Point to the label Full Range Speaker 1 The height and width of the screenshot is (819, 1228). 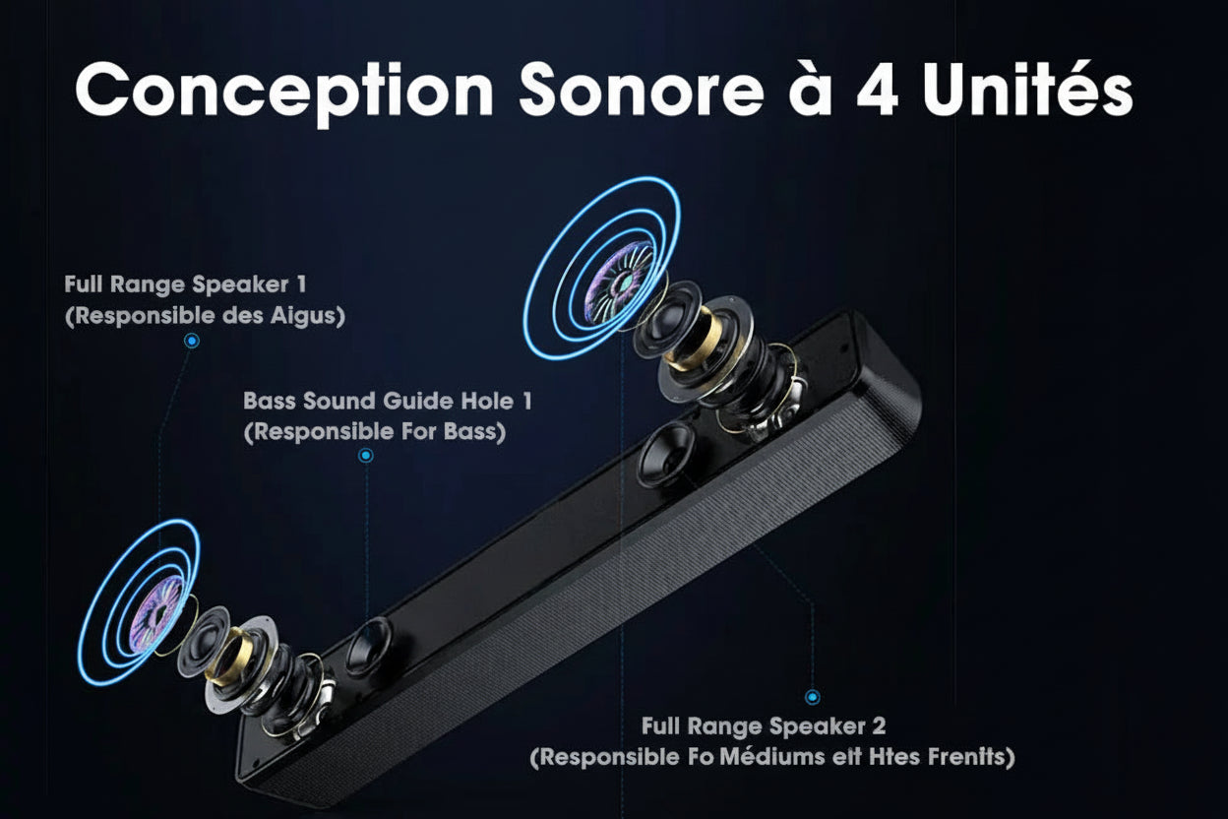[x=185, y=285]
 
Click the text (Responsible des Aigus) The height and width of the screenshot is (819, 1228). [x=205, y=317]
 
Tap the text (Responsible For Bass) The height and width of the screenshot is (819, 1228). [x=374, y=432]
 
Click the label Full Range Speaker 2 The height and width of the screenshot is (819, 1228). [x=764, y=726]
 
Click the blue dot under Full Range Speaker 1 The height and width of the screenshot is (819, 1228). [x=193, y=341]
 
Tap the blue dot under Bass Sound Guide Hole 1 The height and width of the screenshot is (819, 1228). [x=366, y=456]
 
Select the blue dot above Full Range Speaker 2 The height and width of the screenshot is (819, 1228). [x=813, y=697]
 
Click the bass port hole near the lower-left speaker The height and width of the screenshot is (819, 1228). [x=370, y=647]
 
